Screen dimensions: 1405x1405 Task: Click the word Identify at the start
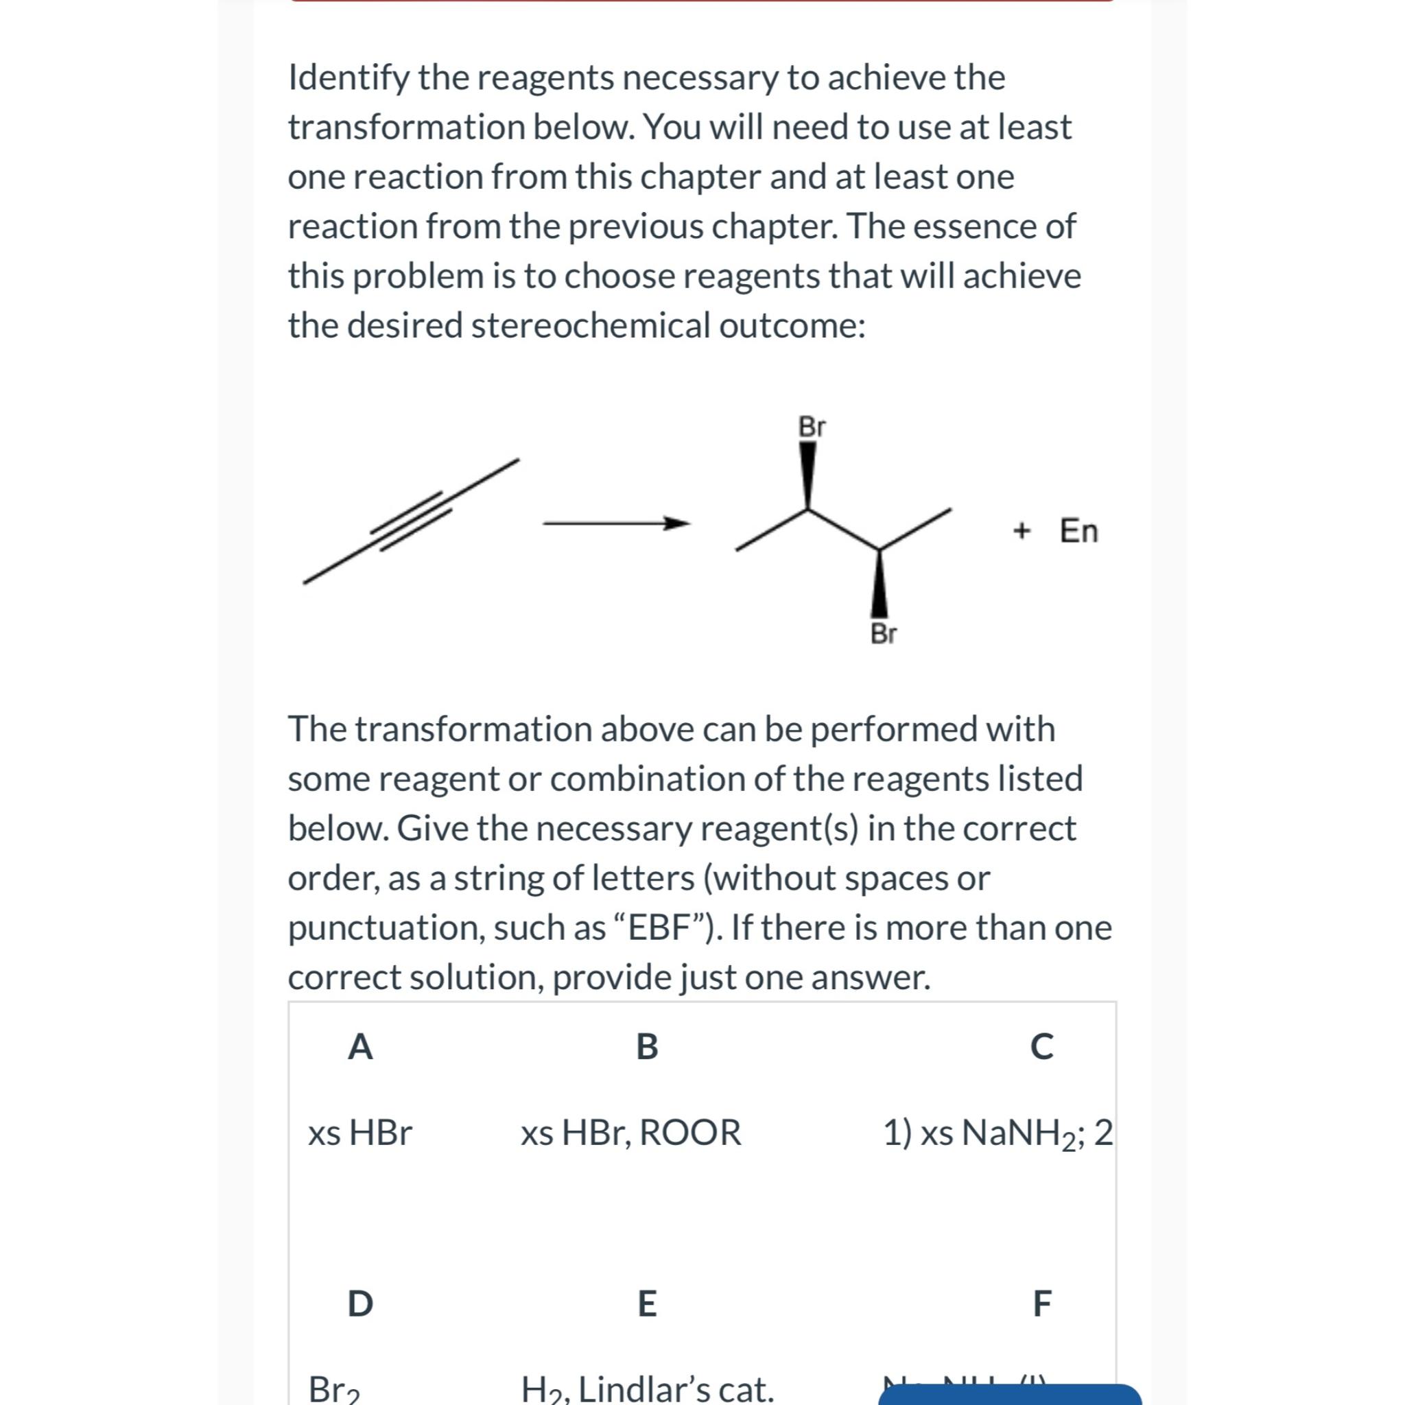349,78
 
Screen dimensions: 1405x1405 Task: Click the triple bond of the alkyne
412,521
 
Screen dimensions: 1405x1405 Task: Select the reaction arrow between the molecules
615,523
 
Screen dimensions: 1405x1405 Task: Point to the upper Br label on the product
811,427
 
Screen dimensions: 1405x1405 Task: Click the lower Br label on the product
883,633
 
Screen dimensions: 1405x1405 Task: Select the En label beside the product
1078,531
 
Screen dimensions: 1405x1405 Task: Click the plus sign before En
1021,531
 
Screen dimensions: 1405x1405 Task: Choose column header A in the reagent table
360,1047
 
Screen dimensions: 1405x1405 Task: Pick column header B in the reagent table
646,1047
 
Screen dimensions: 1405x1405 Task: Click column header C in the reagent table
1041,1047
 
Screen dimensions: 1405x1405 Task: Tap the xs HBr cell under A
360,1132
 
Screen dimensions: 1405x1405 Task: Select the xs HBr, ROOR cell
630,1132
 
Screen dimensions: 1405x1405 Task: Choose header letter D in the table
360,1303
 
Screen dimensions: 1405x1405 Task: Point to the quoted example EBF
658,928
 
